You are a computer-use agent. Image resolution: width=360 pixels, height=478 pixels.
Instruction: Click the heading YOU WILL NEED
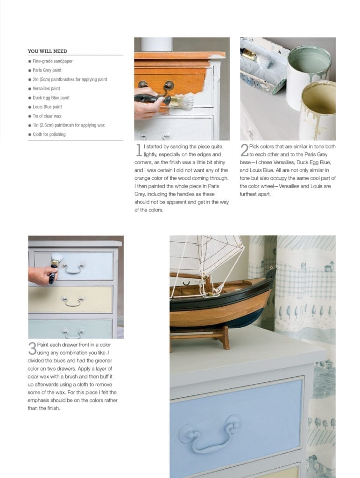pos(47,51)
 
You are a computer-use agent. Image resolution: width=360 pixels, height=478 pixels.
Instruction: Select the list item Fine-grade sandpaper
pos(53,61)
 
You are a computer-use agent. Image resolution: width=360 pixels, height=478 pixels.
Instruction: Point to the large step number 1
pos(139,150)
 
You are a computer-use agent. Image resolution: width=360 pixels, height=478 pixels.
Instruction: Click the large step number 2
pos(244,150)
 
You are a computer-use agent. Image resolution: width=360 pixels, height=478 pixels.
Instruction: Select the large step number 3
pos(32,348)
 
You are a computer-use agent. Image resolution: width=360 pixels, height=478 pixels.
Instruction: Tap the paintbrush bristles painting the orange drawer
pos(184,102)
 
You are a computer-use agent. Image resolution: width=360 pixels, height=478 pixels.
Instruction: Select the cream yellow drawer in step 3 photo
pos(71,300)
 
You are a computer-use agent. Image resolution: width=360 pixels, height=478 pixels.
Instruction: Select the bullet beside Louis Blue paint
pos(30,107)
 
